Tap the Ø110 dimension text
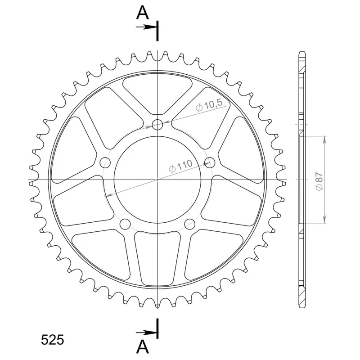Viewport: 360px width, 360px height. coord(180,166)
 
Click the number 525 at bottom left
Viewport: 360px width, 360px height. coord(52,340)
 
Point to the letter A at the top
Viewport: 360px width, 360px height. coord(143,13)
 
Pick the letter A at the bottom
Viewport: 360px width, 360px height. coord(143,346)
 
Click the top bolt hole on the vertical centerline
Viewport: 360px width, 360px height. coord(157,125)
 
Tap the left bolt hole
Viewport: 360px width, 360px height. coord(105,162)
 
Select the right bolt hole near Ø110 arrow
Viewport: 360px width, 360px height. coord(210,162)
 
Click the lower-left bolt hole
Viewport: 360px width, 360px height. coord(125,224)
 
